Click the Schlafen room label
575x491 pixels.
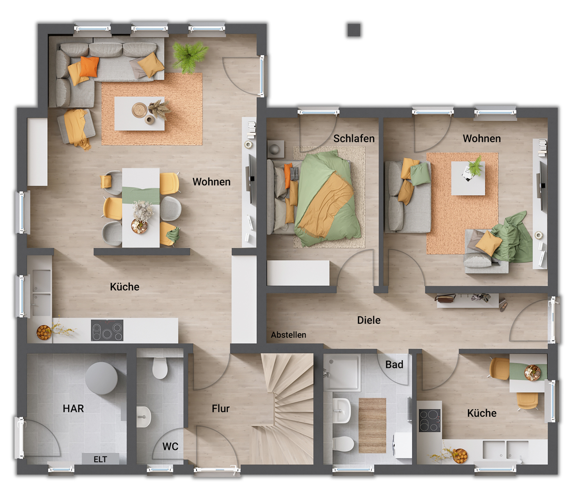coord(354,139)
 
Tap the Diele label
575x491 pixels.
coord(369,320)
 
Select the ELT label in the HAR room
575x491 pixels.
coord(100,459)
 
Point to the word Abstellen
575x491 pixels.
coord(288,335)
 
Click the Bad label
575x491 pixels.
coord(394,364)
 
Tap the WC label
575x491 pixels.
coord(170,447)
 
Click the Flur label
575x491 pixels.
coord(220,408)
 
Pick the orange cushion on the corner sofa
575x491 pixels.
coord(89,66)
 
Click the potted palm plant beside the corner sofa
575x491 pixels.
coord(189,57)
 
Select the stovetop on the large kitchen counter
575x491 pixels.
coord(107,330)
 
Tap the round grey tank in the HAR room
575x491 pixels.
coord(101,378)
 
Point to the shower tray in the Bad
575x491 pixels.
coord(342,372)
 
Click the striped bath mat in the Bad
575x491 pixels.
coord(372,425)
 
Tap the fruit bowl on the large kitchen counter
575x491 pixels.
coord(44,332)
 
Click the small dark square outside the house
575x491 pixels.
coord(354,30)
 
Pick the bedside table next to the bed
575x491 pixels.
coord(275,149)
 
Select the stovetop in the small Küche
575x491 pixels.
coord(430,420)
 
